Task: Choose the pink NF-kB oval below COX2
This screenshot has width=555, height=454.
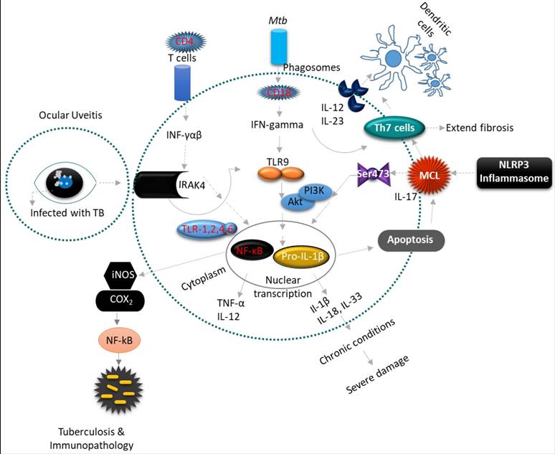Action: pyautogui.click(x=118, y=337)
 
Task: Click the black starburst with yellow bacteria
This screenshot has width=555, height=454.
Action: pyautogui.click(x=118, y=389)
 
